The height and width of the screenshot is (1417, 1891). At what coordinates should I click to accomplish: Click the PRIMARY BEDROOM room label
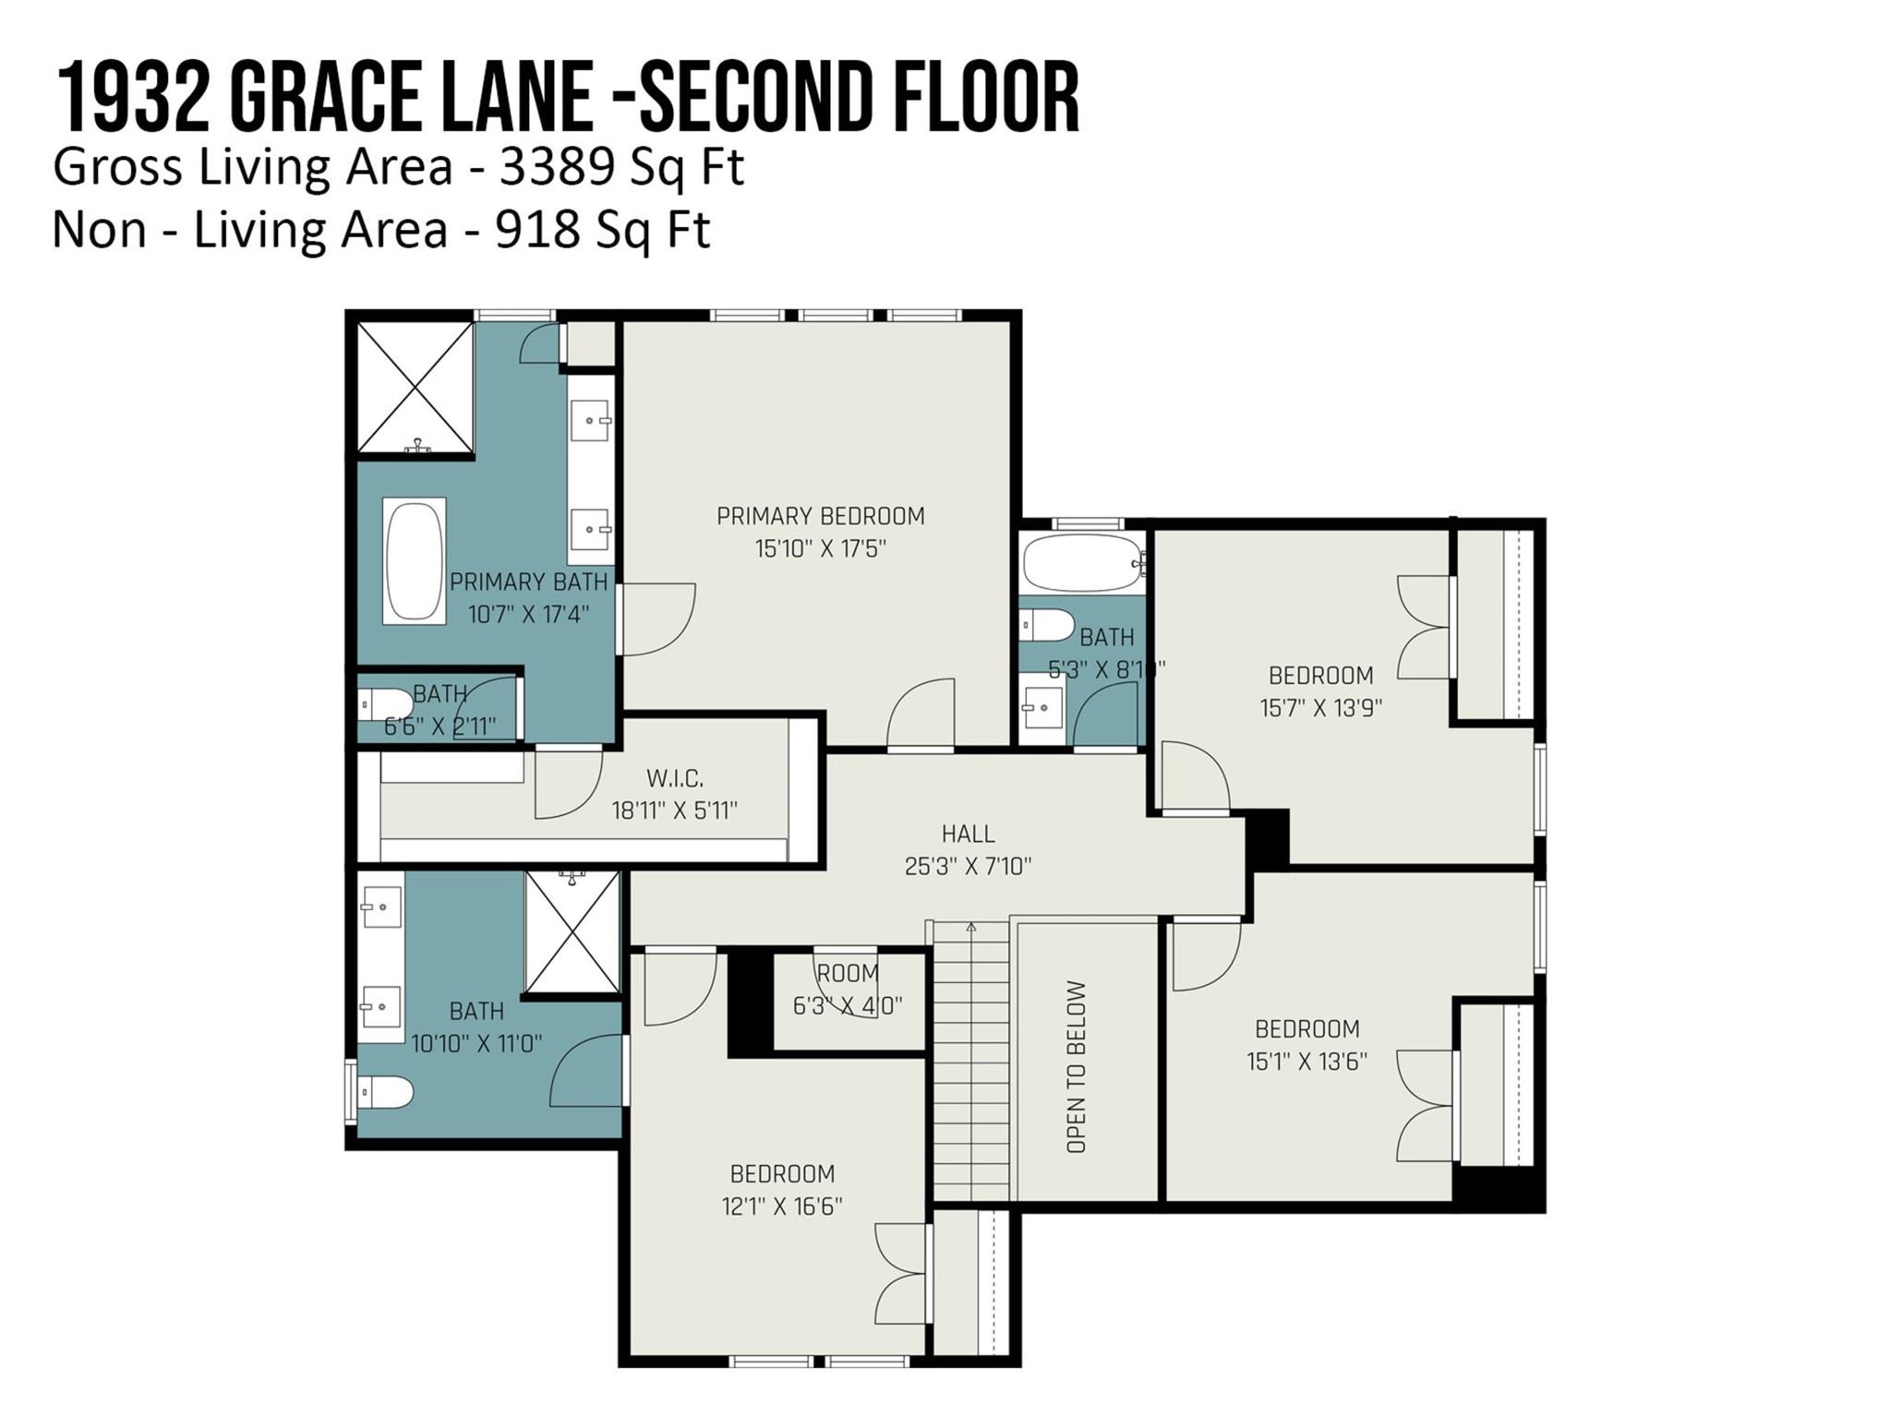coord(820,516)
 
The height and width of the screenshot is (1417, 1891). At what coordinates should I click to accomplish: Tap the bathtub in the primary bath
coord(415,560)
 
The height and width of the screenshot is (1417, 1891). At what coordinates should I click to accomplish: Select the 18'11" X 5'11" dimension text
coord(674,811)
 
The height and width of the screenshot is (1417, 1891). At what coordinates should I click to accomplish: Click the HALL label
coord(968,834)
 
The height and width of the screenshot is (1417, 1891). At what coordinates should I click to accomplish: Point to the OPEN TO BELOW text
coord(1077,1067)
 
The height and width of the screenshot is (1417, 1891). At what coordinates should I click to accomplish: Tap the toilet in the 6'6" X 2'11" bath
coord(386,704)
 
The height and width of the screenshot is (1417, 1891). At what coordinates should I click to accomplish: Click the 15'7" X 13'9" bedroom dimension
coord(1320,708)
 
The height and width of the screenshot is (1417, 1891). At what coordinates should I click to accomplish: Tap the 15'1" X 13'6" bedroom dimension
coord(1307,1061)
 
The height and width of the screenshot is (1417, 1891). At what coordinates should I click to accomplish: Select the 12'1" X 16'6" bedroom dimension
coord(781,1206)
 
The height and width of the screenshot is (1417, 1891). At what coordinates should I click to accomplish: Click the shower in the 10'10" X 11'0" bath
coord(572,932)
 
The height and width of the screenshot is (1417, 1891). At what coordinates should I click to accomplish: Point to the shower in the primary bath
coord(415,388)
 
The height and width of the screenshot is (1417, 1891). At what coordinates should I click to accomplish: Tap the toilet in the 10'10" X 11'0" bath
coord(386,1092)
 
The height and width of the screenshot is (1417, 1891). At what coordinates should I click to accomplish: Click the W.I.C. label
coord(675,778)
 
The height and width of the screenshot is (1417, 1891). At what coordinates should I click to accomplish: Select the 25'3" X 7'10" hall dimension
coord(968,866)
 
